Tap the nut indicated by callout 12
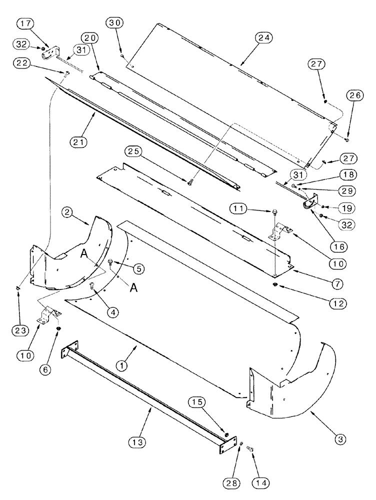click(x=275, y=284)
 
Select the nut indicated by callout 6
click(x=58, y=328)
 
